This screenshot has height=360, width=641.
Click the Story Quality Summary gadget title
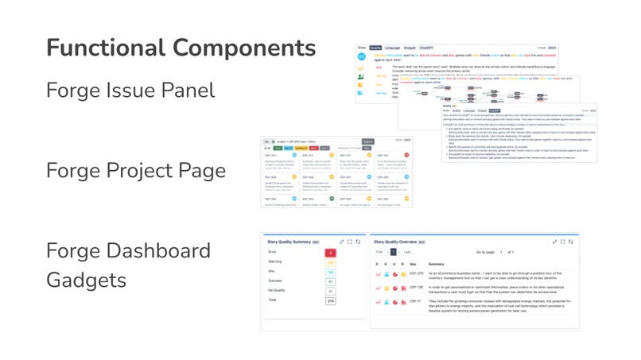tap(289, 242)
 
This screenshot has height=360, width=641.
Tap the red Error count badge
tap(331, 254)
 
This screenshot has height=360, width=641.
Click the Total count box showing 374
tap(331, 301)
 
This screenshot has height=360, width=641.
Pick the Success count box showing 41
tap(331, 282)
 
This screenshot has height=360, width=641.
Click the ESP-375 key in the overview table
tap(416, 273)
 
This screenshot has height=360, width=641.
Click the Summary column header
tap(436, 264)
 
